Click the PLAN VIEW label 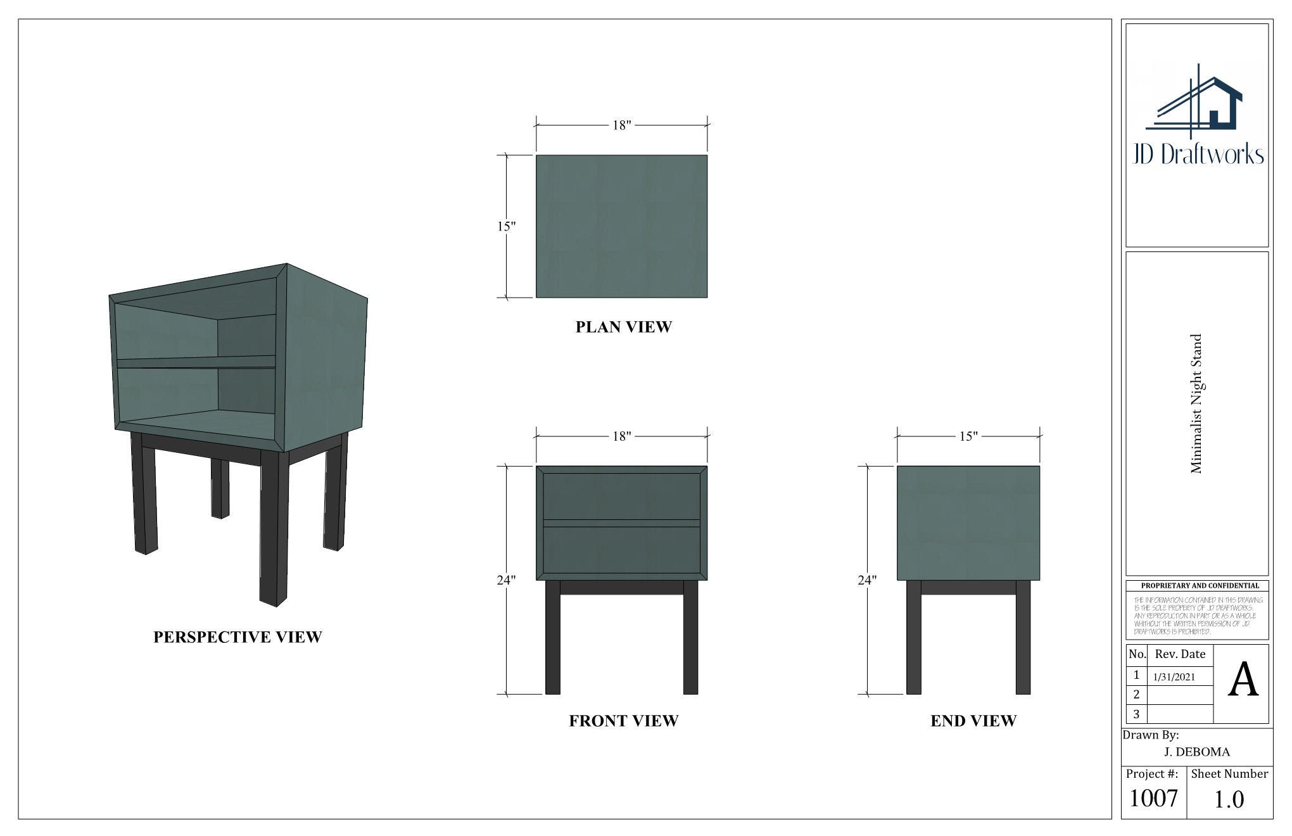pyautogui.click(x=623, y=327)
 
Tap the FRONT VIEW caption pyautogui.click(x=623, y=721)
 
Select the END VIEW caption pyautogui.click(x=973, y=721)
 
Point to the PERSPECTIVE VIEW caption pyautogui.click(x=237, y=637)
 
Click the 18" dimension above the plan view pyautogui.click(x=622, y=125)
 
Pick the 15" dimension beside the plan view pyautogui.click(x=506, y=226)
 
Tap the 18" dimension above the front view pyautogui.click(x=622, y=436)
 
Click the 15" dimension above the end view pyautogui.click(x=968, y=436)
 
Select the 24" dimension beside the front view pyautogui.click(x=506, y=579)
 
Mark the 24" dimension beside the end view pyautogui.click(x=867, y=579)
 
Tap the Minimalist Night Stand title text pyautogui.click(x=1196, y=403)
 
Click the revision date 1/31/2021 pyautogui.click(x=1174, y=677)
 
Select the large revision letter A pyautogui.click(x=1243, y=681)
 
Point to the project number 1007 pyautogui.click(x=1153, y=798)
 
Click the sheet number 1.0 pyautogui.click(x=1229, y=799)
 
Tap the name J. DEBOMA pyautogui.click(x=1197, y=752)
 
